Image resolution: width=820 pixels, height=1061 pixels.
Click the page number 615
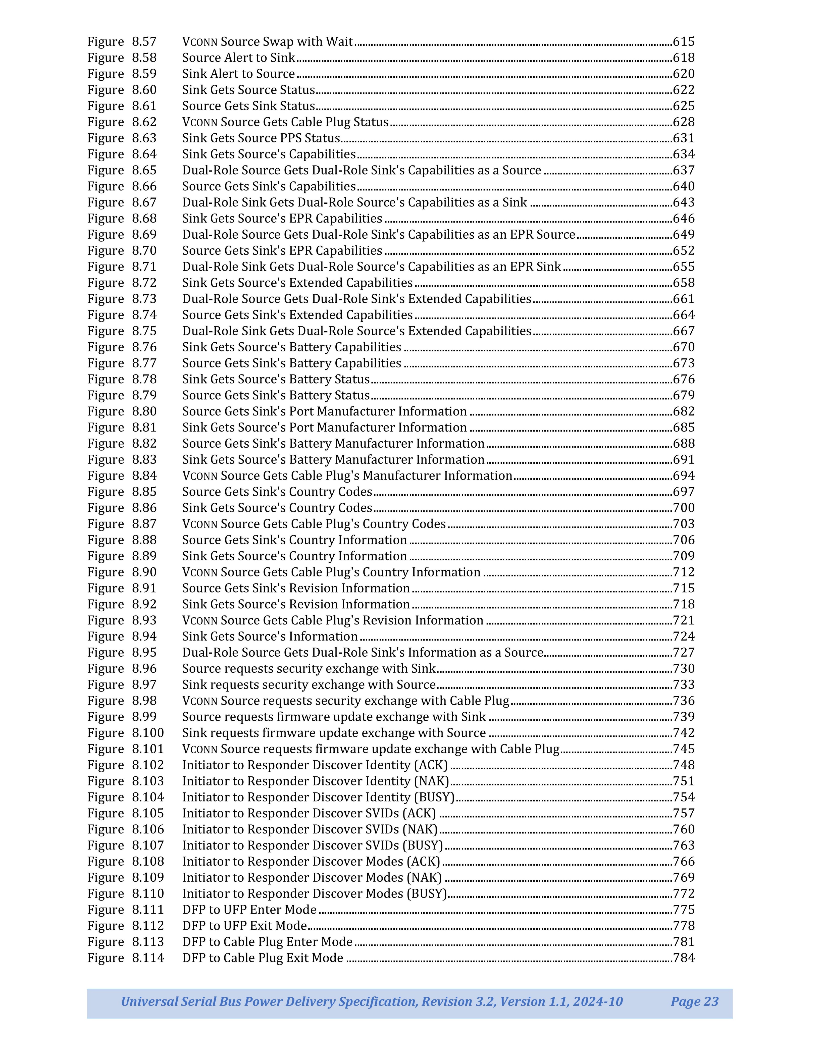pos(684,42)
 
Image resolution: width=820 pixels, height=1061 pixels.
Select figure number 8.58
pos(144,58)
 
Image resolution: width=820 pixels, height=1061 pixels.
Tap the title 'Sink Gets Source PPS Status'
pos(261,138)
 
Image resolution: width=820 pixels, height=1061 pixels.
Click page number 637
pos(684,170)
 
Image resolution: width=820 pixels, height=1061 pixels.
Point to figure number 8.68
pos(144,219)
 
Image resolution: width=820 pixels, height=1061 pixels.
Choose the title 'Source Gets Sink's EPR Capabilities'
pos(282,251)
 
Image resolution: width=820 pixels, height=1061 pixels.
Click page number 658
pos(684,283)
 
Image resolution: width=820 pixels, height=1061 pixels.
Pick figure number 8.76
pos(144,347)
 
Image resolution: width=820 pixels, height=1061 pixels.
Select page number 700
pos(684,508)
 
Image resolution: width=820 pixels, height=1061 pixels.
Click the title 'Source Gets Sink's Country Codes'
pos(277,492)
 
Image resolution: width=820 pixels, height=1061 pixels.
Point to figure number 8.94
pos(144,636)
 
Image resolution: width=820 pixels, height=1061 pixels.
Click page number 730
pos(684,668)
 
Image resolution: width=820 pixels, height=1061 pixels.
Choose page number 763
pos(684,845)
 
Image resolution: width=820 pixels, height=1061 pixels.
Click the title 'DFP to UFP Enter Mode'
pos(249,910)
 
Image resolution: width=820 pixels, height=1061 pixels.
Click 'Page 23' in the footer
pos(694,1002)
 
